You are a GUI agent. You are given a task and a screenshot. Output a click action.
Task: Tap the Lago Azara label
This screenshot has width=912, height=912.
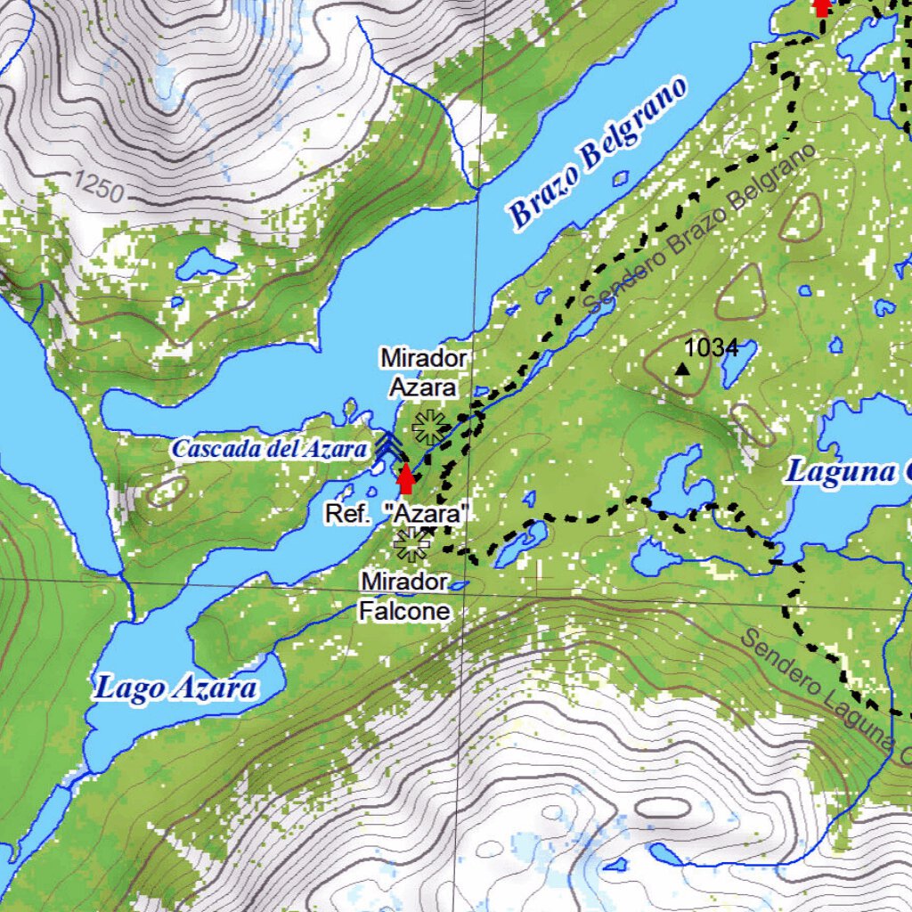tap(176, 688)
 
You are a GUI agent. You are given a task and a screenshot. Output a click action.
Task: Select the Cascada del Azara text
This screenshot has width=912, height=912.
tap(269, 449)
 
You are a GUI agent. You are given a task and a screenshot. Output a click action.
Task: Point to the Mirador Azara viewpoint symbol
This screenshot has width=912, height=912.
tap(429, 427)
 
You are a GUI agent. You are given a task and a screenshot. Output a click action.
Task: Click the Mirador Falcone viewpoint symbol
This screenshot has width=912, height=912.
tap(411, 544)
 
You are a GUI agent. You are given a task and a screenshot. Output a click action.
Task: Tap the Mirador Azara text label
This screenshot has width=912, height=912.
tap(423, 372)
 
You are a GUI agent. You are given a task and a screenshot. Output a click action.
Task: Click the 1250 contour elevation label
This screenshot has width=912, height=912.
tap(98, 186)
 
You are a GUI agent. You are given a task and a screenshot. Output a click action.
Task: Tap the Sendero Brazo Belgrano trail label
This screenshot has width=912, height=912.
tap(699, 229)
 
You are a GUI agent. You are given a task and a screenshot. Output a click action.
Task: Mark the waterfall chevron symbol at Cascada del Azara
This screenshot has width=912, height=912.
tap(385, 445)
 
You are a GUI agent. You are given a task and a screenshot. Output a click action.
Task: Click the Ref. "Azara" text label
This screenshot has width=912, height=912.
tap(397, 514)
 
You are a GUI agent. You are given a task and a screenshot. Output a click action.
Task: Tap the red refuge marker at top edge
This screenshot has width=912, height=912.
tap(822, 7)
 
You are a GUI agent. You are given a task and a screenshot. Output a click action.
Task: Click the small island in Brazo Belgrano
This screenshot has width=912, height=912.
tap(621, 178)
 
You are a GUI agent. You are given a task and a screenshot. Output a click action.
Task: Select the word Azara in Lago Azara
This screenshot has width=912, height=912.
tap(215, 688)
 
